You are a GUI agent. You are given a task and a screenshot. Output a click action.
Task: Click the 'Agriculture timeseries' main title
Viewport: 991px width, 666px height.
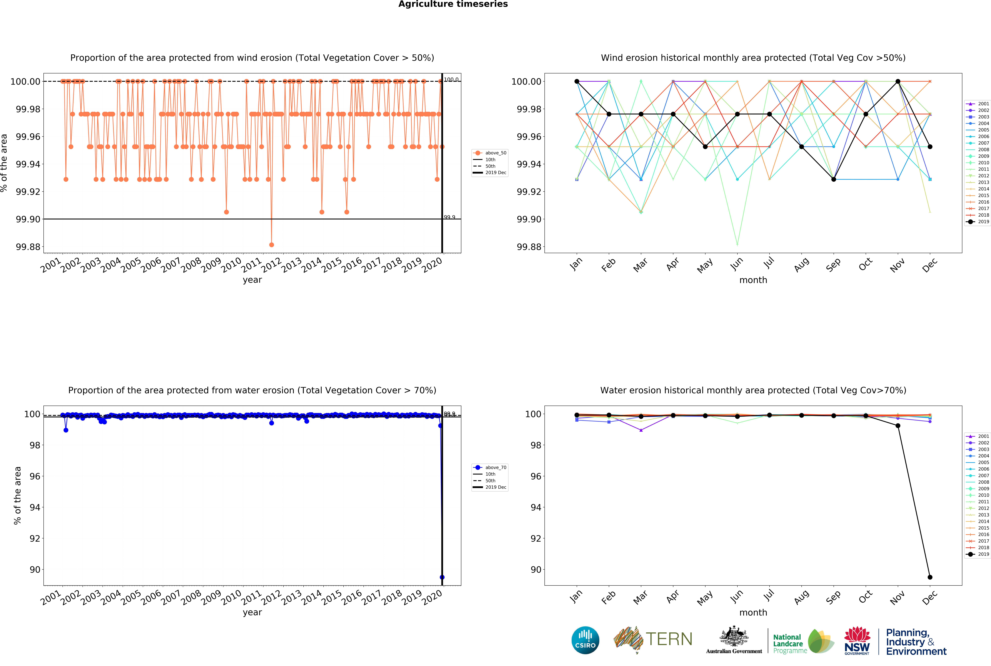pos(453,4)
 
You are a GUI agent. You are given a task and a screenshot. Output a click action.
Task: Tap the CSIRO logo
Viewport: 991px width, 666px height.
pos(585,640)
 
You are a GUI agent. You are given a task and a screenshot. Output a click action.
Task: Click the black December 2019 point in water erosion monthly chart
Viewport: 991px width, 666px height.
pos(930,577)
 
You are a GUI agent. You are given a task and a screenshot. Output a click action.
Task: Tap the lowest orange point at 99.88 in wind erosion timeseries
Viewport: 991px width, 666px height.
pos(271,245)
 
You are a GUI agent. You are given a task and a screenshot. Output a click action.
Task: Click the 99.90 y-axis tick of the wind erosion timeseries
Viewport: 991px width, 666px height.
pos(28,219)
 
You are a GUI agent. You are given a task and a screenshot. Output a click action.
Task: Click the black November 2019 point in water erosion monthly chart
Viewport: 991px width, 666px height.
pos(898,426)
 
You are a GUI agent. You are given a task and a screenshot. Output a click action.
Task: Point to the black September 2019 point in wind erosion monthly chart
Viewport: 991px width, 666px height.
pos(833,179)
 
